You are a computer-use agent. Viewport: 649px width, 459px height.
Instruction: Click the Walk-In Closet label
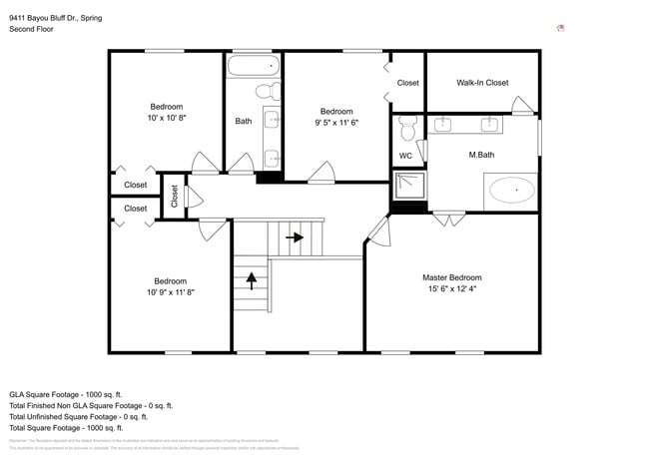click(x=482, y=83)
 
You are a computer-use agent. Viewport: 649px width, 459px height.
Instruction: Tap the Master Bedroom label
click(x=451, y=277)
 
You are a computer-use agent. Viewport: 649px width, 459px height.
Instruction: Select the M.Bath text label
click(x=481, y=155)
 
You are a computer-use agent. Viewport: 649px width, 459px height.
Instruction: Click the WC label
click(x=405, y=156)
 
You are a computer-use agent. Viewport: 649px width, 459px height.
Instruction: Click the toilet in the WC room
click(x=406, y=129)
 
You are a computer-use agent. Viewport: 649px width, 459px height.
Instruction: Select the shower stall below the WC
click(x=407, y=187)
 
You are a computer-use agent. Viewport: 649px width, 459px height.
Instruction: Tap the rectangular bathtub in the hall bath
click(x=254, y=68)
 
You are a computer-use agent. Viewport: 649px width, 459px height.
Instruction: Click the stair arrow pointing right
click(x=295, y=238)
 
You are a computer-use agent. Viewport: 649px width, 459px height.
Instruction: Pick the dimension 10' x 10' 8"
click(x=167, y=118)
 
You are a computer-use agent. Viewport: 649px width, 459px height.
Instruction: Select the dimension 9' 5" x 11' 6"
click(x=336, y=123)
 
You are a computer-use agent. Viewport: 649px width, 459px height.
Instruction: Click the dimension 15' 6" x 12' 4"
click(x=451, y=289)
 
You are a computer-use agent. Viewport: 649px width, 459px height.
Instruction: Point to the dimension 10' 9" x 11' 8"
click(x=170, y=292)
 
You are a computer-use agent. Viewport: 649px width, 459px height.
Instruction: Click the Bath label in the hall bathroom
click(x=244, y=122)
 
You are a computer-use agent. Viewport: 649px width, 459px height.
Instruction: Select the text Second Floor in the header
click(x=31, y=30)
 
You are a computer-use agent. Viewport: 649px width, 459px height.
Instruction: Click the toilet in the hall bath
click(x=267, y=92)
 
